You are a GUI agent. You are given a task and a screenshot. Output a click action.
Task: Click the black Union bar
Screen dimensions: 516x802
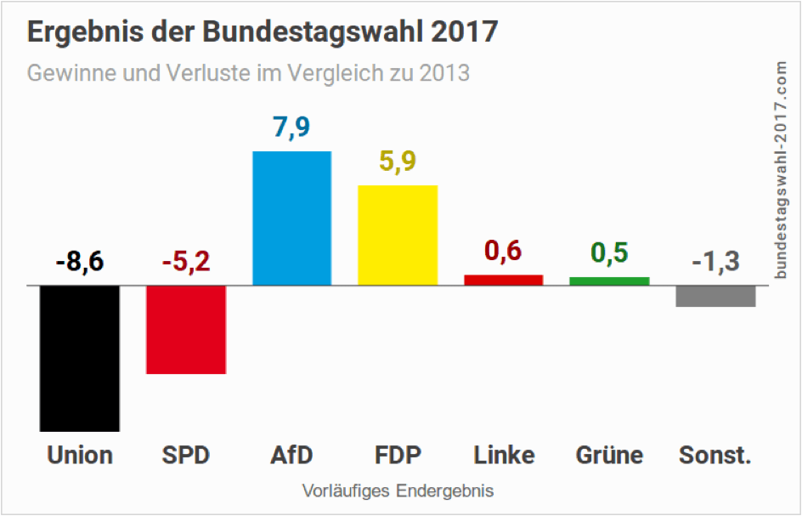coord(80,358)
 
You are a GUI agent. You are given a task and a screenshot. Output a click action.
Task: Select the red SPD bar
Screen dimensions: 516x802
coord(186,329)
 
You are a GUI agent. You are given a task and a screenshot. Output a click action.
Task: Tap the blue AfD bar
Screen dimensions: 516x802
coord(291,218)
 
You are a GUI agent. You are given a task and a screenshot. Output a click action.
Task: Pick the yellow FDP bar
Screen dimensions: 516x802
coord(398,235)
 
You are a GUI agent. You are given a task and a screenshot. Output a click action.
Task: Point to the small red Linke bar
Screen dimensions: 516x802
coord(503,280)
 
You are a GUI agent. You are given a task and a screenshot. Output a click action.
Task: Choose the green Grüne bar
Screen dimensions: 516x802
coord(609,281)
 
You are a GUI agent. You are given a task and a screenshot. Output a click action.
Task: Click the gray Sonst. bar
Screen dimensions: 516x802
coord(715,296)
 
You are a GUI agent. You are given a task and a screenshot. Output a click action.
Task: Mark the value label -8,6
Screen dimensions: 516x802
coord(80,261)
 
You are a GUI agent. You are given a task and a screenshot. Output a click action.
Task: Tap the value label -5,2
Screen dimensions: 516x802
coord(186,261)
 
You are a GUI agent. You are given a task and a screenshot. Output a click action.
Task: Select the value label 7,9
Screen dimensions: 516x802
coord(291,128)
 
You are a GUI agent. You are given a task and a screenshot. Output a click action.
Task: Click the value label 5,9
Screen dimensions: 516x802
coord(398,162)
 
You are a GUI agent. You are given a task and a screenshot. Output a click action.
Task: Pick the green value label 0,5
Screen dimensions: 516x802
coord(609,253)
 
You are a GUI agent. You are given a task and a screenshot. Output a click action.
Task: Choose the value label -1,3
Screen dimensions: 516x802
coord(715,261)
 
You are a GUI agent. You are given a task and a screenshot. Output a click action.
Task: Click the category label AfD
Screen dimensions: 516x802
coord(291,456)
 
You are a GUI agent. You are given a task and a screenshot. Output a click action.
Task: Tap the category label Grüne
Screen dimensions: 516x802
coord(609,456)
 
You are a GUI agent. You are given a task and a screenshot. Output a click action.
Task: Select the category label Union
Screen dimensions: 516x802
coord(80,456)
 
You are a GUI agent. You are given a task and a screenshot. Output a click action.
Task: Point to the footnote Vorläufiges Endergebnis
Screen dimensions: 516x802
coord(398,491)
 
